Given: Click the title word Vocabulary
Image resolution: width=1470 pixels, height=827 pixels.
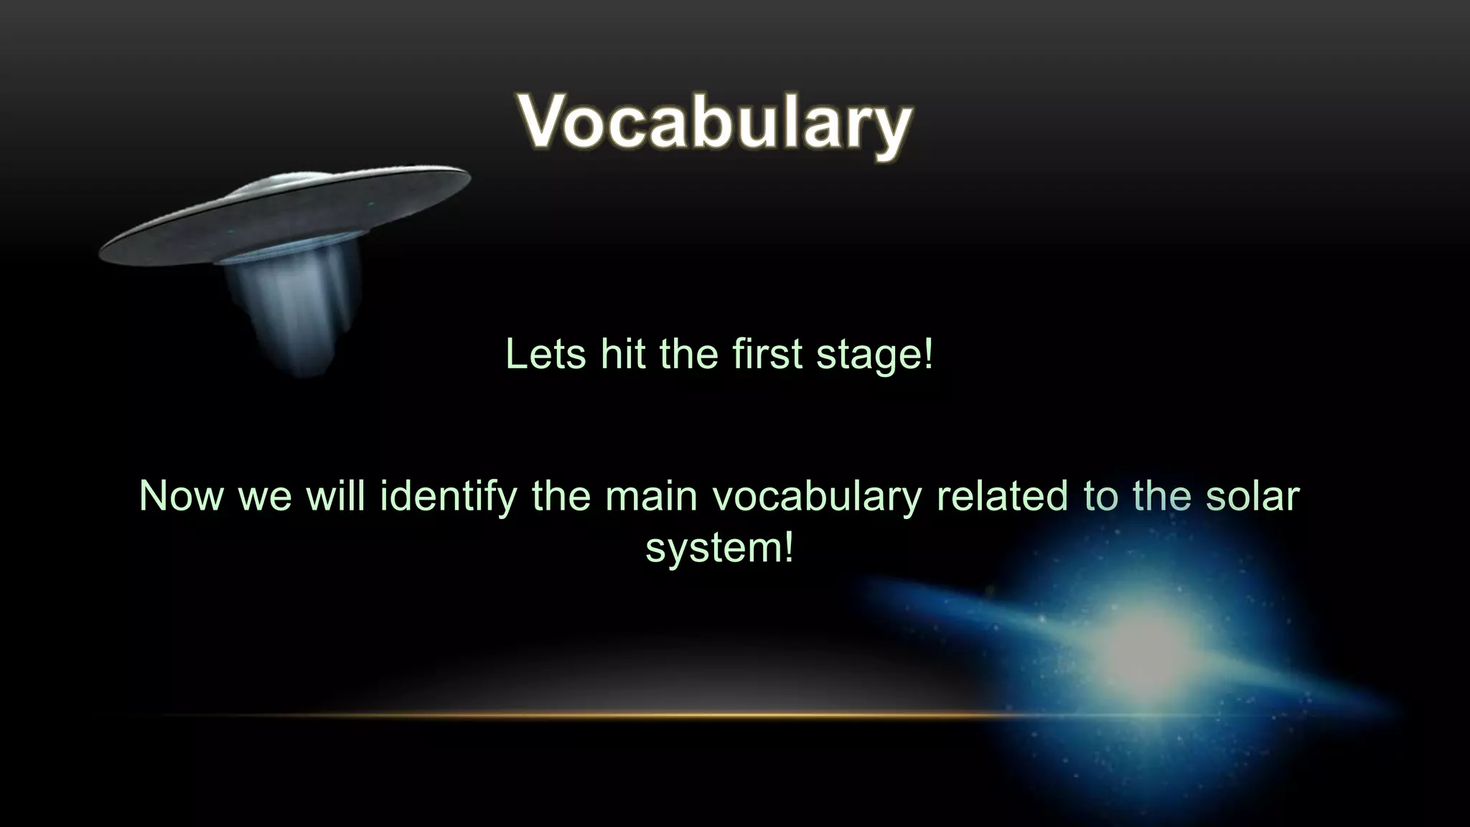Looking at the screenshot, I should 715,122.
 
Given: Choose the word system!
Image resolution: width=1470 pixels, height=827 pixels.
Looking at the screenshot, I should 719,548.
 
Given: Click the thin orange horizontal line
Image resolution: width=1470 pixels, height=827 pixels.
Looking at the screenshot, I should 574,715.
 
